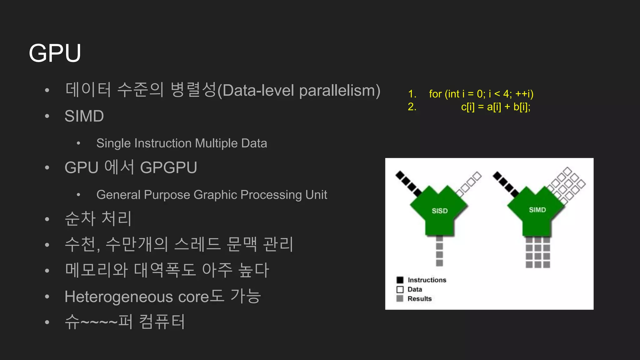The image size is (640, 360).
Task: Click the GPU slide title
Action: pos(55,53)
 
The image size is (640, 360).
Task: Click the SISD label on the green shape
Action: pos(440,211)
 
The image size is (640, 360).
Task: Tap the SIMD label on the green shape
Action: pos(537,210)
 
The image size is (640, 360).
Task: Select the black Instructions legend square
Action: pos(400,280)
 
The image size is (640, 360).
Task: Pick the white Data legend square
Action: pos(400,289)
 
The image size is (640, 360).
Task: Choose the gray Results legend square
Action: pos(400,298)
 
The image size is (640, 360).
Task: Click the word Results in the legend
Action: pos(419,299)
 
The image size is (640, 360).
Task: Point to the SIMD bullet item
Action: pos(84,116)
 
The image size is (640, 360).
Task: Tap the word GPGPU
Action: pos(168,167)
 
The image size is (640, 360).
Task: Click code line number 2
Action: pos(412,107)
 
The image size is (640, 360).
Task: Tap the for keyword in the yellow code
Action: pos(435,94)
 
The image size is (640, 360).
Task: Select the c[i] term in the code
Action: pos(467,107)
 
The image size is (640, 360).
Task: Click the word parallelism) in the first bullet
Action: pos(340,91)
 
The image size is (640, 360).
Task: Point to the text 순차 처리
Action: pos(98,218)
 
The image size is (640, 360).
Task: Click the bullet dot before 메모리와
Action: pos(47,271)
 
